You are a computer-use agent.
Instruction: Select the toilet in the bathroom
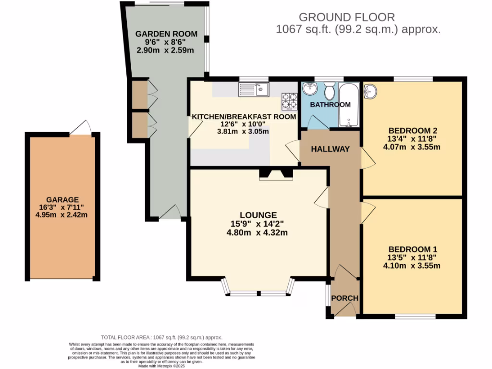click(x=330, y=90)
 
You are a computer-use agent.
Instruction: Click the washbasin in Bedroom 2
click(x=371, y=90)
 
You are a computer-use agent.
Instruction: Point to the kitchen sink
click(x=255, y=89)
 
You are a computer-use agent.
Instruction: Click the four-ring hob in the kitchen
click(x=289, y=101)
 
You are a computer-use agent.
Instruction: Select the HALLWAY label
click(x=330, y=149)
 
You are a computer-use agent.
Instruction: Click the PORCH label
click(x=345, y=298)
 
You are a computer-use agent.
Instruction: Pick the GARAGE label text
click(x=62, y=199)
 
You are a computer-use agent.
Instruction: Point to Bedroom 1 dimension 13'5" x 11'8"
click(x=413, y=258)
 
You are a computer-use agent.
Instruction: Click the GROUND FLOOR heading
click(x=346, y=17)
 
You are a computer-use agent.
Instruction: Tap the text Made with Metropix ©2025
click(x=161, y=366)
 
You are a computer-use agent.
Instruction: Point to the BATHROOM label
click(x=330, y=104)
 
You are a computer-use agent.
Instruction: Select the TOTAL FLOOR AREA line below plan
click(x=161, y=338)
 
